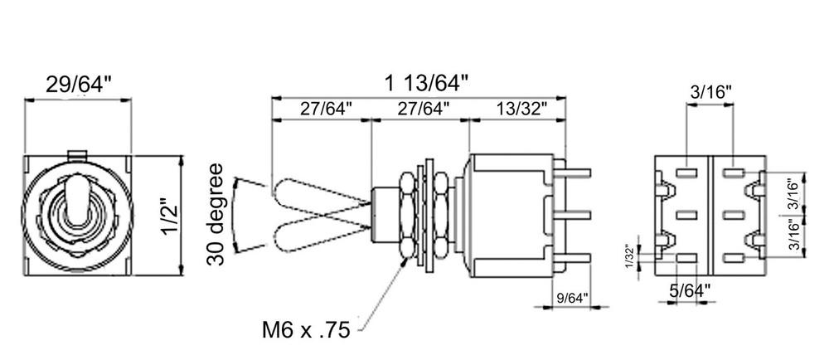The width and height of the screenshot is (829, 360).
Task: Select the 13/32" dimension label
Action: click(521, 108)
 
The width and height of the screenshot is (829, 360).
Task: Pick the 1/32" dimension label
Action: click(630, 259)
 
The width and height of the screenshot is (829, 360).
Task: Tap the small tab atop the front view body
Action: click(76, 153)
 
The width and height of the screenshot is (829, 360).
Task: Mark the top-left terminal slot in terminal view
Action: click(686, 173)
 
